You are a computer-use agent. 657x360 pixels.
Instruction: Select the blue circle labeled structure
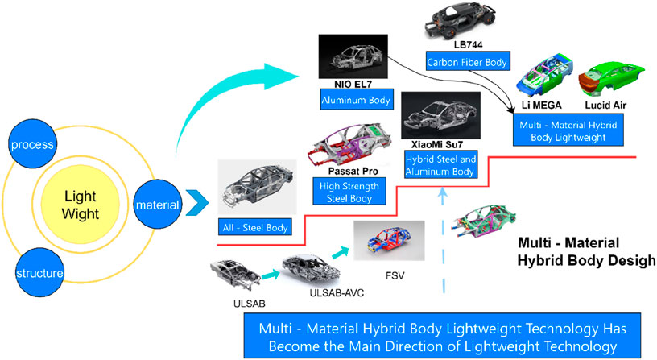pos(36,273)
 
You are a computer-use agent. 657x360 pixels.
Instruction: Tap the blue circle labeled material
pos(157,205)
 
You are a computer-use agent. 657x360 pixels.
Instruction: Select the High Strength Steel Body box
pos(348,191)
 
